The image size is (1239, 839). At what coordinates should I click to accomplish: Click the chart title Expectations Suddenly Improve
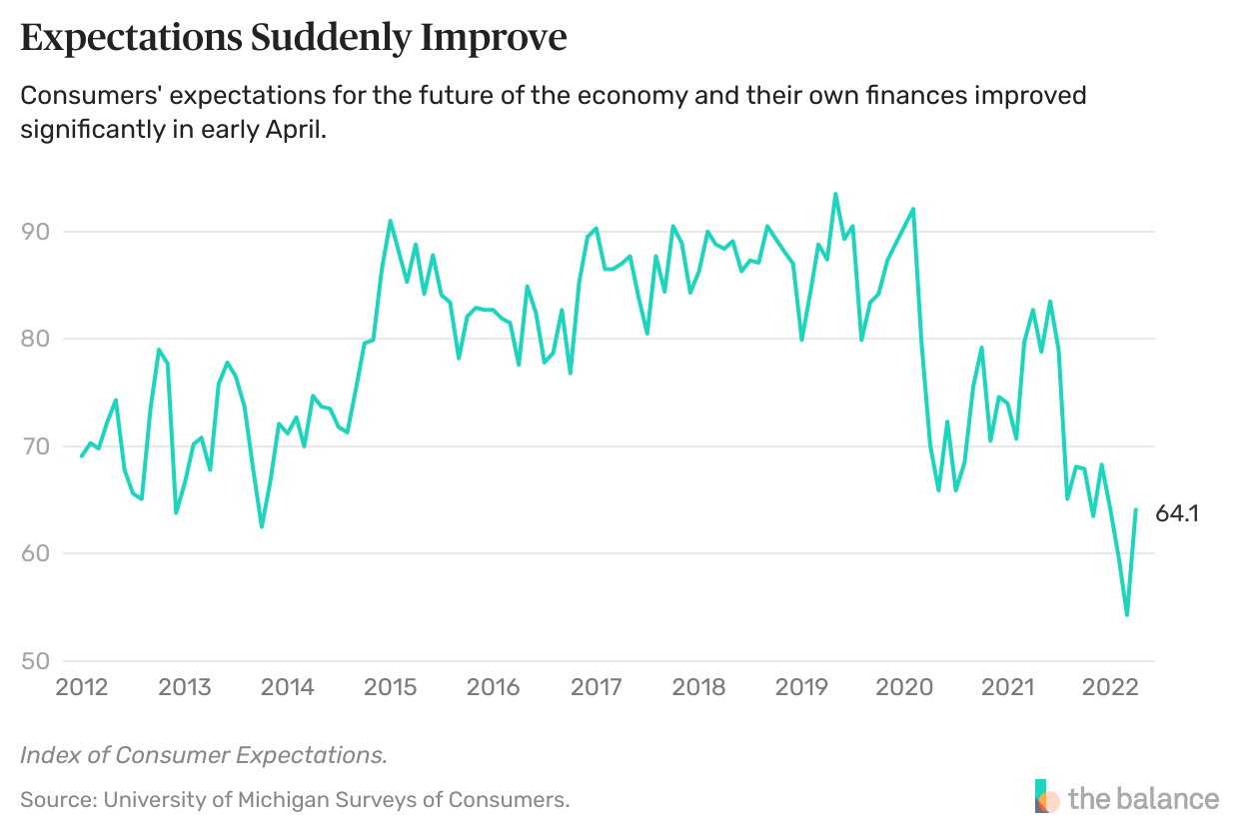tap(294, 38)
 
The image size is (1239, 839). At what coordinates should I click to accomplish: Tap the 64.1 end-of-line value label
tap(1177, 514)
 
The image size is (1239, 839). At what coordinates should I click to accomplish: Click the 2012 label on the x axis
tap(82, 688)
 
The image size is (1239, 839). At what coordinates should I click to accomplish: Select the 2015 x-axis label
tap(391, 688)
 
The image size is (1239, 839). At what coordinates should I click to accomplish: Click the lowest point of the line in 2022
tap(1127, 615)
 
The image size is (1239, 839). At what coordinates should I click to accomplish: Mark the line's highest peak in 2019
tap(835, 194)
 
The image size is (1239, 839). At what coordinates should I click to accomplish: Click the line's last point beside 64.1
tap(1136, 509)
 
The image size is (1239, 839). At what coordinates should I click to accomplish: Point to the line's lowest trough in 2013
tap(262, 526)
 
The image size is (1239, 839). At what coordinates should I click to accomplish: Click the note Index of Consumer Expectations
tap(204, 755)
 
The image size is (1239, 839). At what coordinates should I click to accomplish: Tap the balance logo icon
tap(1047, 797)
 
